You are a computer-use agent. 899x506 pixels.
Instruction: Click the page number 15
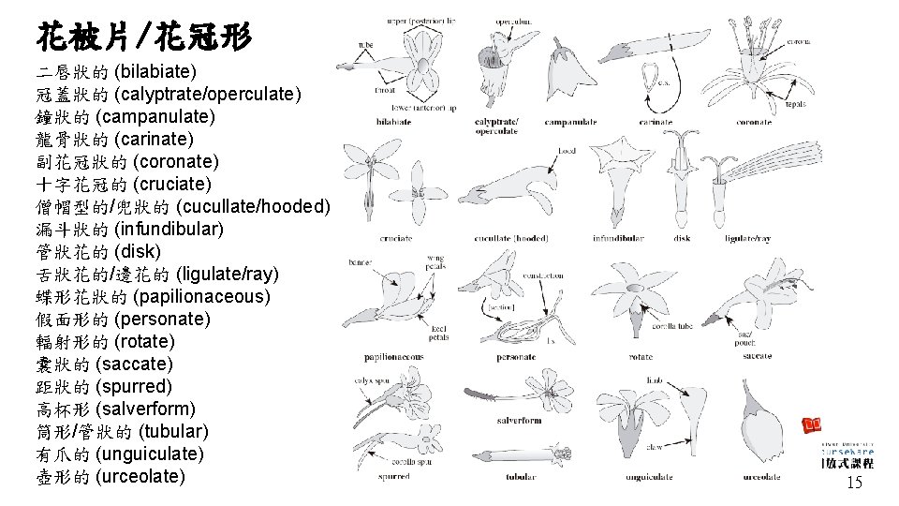pos(853,483)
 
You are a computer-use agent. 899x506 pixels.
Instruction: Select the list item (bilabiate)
pos(116,71)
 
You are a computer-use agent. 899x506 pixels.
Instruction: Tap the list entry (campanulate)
pos(125,116)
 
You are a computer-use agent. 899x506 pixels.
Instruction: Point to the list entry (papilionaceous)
pos(154,296)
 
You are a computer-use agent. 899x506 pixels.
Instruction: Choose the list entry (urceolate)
pos(111,476)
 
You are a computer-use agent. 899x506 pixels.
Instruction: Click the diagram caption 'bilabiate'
pos(393,122)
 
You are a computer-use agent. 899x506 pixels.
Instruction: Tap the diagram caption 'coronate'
pos(754,122)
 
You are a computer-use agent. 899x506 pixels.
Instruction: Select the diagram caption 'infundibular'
pos(617,238)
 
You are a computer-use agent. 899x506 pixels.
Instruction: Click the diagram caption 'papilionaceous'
pos(393,357)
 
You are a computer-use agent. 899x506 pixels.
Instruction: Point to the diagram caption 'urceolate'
pos(761,477)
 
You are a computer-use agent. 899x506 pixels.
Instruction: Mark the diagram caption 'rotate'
pos(641,357)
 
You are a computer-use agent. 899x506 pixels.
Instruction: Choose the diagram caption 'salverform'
pos(519,421)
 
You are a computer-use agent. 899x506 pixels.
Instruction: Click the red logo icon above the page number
pos(810,424)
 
